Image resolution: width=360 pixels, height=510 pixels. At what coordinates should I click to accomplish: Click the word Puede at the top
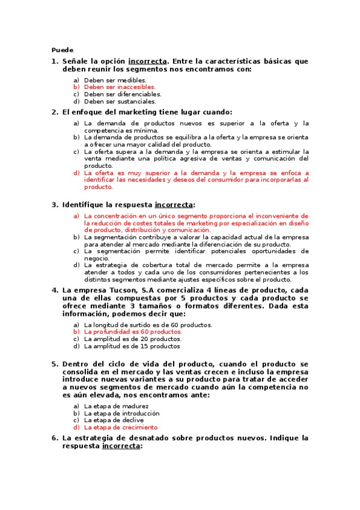pyautogui.click(x=62, y=50)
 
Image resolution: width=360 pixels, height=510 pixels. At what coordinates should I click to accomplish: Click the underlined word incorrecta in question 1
pyautogui.click(x=147, y=61)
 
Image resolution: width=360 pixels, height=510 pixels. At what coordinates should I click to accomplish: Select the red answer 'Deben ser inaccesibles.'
pyautogui.click(x=120, y=87)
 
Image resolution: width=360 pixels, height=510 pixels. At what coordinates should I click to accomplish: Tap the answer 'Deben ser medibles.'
pyautogui.click(x=115, y=80)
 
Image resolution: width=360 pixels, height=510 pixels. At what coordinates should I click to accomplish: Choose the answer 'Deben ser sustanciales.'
pyautogui.click(x=120, y=102)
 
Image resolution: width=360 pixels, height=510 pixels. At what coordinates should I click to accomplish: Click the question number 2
pyautogui.click(x=54, y=112)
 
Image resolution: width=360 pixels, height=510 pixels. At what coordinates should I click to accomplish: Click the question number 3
pyautogui.click(x=54, y=204)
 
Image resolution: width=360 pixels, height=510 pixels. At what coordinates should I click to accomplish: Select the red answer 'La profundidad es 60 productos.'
pyautogui.click(x=133, y=331)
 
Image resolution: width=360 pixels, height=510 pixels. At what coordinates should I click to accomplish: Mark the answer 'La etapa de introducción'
pyautogui.click(x=122, y=413)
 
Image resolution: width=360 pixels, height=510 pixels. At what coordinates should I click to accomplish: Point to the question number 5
pyautogui.click(x=54, y=364)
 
